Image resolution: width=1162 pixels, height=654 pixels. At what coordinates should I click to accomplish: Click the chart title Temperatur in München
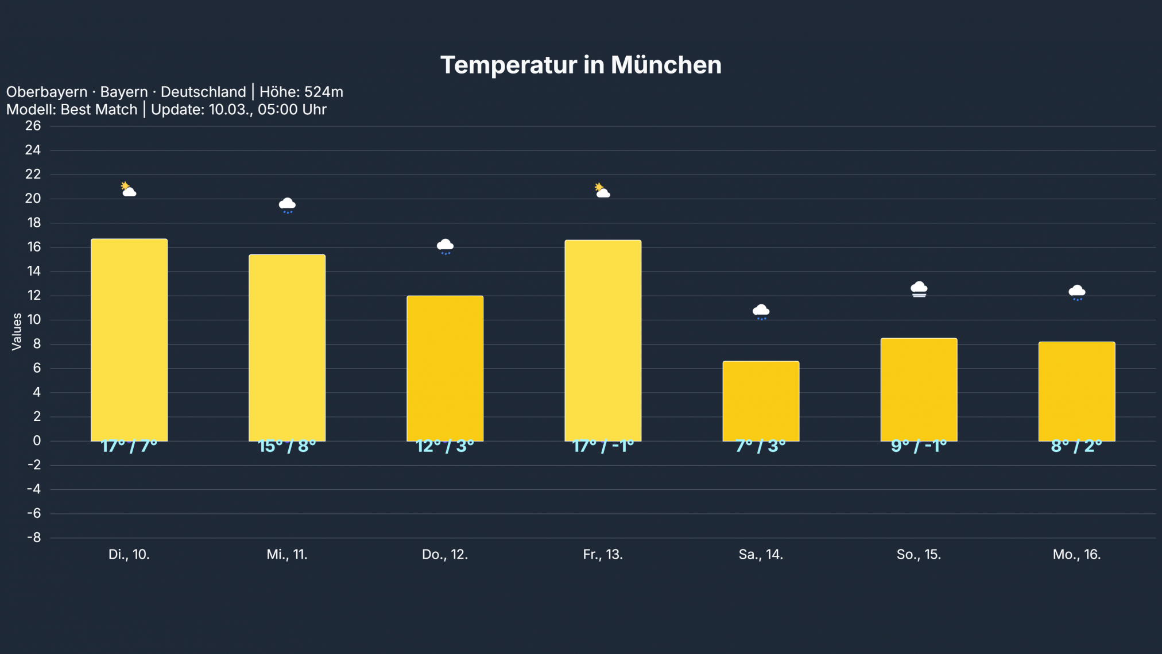(x=580, y=65)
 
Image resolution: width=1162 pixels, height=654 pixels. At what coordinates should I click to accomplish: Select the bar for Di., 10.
(x=129, y=340)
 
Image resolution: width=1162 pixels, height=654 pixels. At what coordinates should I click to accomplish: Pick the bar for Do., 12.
(x=445, y=368)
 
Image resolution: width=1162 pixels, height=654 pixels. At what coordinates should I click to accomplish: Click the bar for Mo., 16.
(x=1076, y=391)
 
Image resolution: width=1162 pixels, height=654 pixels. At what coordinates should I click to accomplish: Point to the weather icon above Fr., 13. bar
(x=602, y=191)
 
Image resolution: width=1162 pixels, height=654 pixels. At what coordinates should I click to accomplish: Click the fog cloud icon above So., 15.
(x=919, y=289)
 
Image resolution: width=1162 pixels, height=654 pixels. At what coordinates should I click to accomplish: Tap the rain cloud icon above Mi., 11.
(x=287, y=205)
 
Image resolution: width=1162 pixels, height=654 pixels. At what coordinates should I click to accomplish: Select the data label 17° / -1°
(x=603, y=446)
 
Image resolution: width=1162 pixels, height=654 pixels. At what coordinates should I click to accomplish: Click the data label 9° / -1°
(x=919, y=446)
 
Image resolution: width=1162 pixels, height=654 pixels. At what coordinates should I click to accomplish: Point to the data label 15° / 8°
(x=287, y=446)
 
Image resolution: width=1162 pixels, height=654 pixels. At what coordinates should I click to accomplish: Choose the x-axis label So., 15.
(x=919, y=555)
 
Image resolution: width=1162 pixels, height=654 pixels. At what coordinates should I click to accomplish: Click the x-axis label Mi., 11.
(x=287, y=555)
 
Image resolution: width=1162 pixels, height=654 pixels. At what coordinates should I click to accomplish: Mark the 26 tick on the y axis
(x=33, y=126)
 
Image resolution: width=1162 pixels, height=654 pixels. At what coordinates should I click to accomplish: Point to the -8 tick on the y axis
(x=34, y=538)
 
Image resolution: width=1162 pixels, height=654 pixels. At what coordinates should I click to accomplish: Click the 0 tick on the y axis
(x=37, y=441)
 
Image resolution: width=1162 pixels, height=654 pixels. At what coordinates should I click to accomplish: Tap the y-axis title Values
(x=17, y=331)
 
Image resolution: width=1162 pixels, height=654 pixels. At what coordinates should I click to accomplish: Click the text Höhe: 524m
(x=301, y=92)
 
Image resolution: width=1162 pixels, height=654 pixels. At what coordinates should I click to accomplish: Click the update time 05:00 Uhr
(x=292, y=110)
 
